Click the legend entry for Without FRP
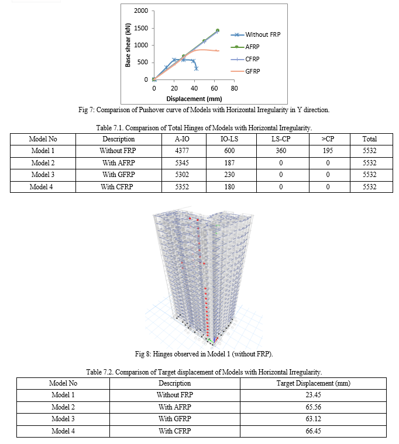pos(256,34)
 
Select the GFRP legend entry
pos(245,71)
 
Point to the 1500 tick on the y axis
pos(141,28)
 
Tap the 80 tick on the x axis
pos(234,88)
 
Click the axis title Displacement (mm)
pos(194,99)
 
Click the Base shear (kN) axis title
pos(128,45)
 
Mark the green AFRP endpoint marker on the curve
pos(218,30)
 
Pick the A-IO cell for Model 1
pos(182,151)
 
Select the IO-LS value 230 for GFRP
pos(229,175)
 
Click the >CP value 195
pos(328,151)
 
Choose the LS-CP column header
pos(281,139)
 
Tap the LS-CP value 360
pos(281,151)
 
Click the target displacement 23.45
pos(313,395)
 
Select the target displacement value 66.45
pos(313,431)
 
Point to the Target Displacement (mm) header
pos(314,383)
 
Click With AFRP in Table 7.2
pos(175,407)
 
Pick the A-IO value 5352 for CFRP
pos(182,187)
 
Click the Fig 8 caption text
pos(204,354)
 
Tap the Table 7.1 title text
pos(204,128)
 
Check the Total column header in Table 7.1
pos(370,139)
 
